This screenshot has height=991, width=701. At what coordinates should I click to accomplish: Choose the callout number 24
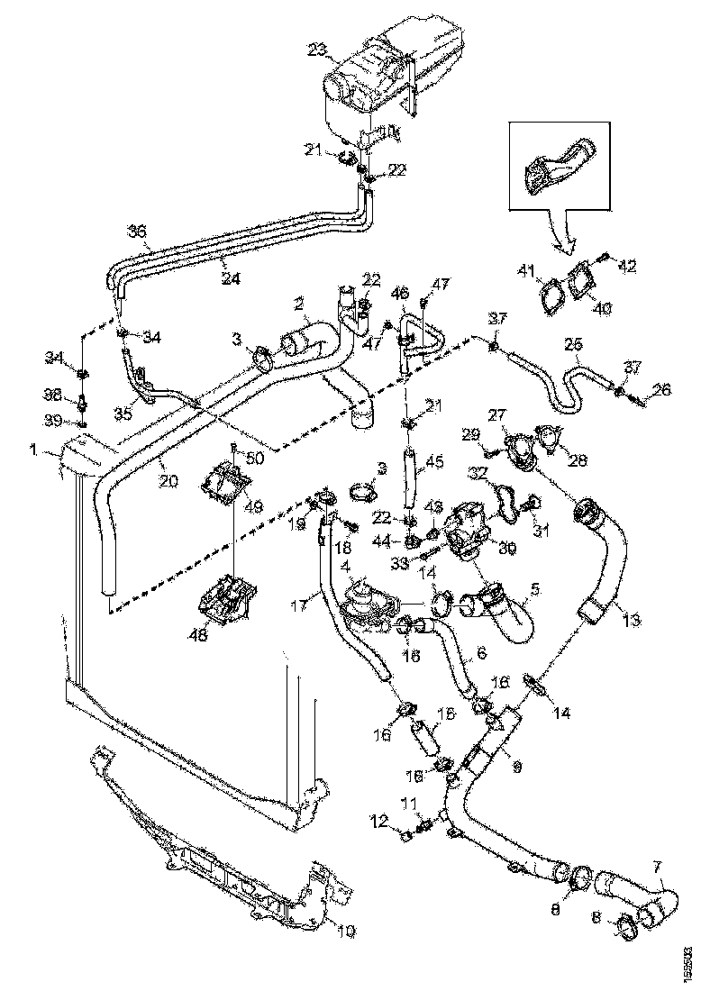232,278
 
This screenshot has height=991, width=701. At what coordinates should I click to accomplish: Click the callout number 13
631,620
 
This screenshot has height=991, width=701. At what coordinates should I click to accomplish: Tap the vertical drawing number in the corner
689,963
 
